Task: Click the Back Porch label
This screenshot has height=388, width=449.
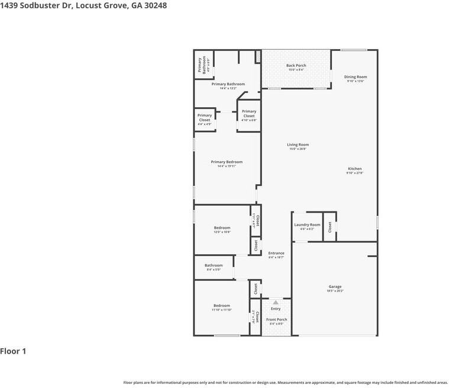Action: (296, 66)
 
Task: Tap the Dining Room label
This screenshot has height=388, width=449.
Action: (356, 77)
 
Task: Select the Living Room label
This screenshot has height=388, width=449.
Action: (298, 145)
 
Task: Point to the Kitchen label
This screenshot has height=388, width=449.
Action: (355, 169)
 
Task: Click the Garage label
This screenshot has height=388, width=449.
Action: (335, 287)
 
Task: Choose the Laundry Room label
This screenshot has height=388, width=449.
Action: (307, 225)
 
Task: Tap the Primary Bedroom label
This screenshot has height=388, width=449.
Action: (227, 162)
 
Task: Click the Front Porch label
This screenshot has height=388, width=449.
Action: (276, 320)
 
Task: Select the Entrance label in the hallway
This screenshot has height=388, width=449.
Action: (276, 253)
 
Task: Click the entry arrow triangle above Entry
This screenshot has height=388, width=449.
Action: (275, 302)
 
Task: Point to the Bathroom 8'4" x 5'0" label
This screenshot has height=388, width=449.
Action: (214, 265)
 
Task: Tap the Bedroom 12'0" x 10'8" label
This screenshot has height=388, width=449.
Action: (222, 228)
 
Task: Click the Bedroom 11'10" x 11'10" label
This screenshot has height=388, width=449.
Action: (222, 306)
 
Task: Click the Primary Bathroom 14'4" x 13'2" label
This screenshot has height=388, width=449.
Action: (228, 84)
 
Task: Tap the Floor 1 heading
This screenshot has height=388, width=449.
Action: (13, 351)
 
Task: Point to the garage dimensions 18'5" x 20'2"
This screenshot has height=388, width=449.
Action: (335, 291)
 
